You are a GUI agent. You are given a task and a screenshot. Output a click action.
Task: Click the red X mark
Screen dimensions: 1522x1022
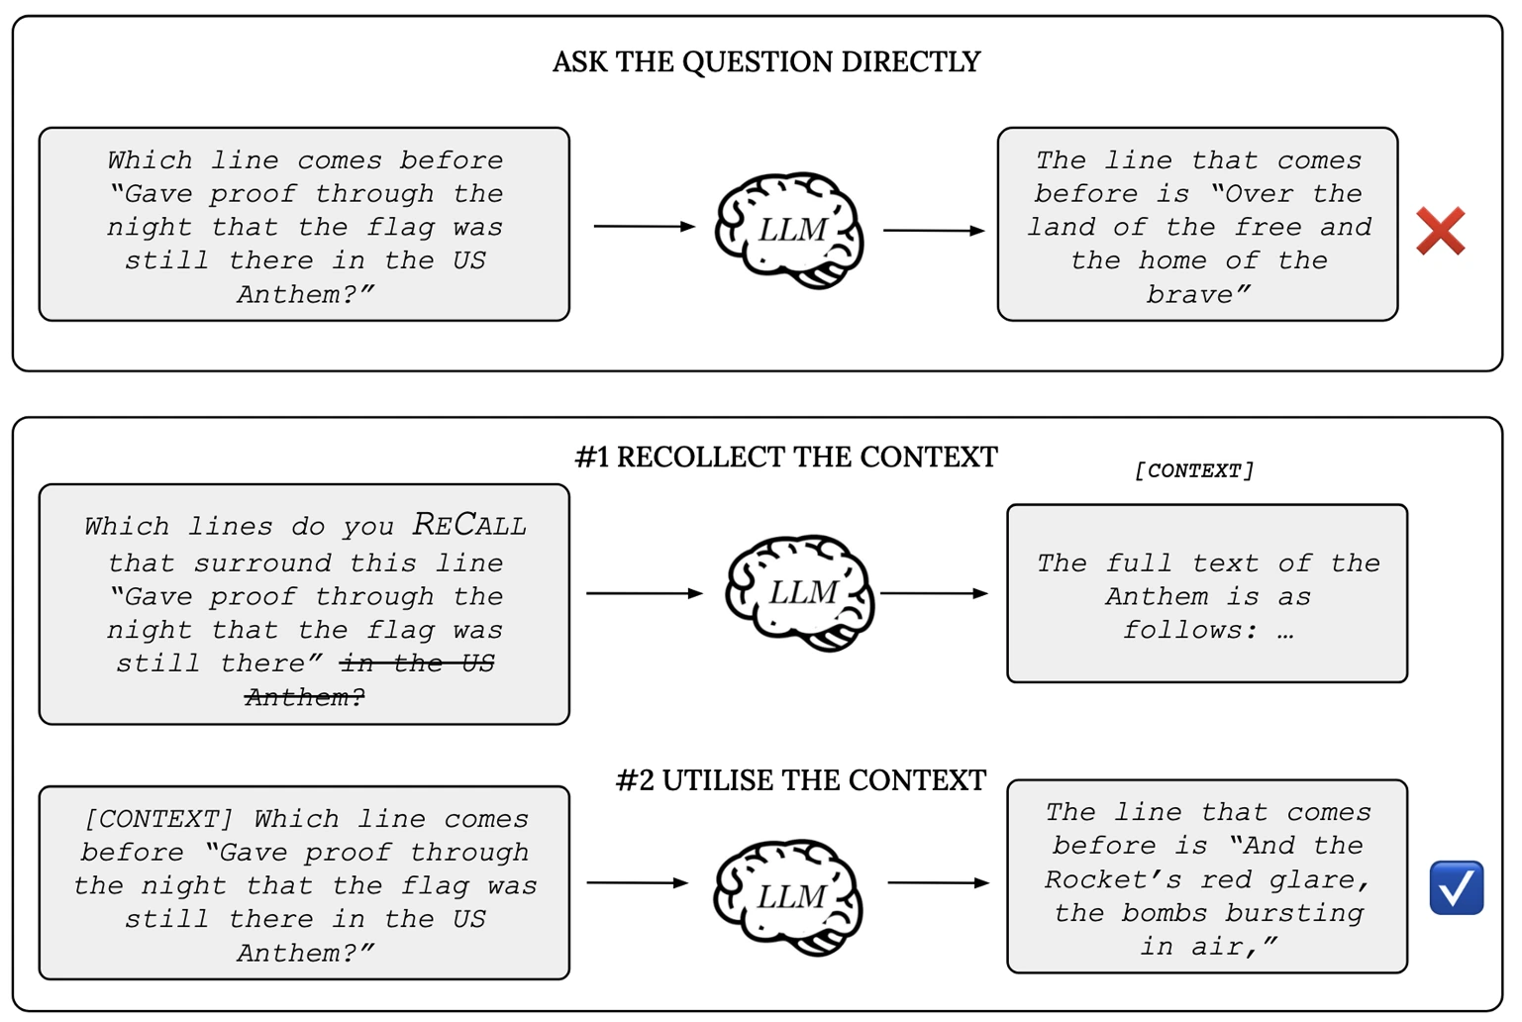tap(1441, 231)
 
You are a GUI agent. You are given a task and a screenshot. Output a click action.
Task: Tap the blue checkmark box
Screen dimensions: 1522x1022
tap(1456, 887)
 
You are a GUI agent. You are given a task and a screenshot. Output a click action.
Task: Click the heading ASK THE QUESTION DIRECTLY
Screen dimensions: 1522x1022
tap(766, 61)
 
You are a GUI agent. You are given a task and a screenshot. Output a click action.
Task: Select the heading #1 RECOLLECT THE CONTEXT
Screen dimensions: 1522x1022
tap(786, 457)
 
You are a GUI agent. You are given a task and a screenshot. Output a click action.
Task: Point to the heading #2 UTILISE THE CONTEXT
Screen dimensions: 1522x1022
tap(800, 780)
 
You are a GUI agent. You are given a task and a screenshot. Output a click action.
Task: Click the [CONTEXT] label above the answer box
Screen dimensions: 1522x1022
tap(1194, 470)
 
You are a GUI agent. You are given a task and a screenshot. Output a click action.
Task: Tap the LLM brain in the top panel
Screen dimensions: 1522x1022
tap(789, 231)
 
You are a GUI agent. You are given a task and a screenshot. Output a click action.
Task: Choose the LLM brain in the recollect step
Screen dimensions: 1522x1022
tap(800, 593)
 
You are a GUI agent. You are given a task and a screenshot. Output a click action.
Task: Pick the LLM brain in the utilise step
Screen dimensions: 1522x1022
tap(788, 897)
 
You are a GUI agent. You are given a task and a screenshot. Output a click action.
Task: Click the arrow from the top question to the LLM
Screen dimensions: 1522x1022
tap(645, 226)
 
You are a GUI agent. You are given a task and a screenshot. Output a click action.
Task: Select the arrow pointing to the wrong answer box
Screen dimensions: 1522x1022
tap(934, 231)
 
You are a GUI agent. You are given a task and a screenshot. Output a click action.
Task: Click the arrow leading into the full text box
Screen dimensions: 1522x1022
tap(934, 593)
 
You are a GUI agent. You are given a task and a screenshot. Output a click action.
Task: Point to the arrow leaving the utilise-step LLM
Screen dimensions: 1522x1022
tap(939, 882)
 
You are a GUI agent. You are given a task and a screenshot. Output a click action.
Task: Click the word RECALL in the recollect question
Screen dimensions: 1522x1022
tap(468, 525)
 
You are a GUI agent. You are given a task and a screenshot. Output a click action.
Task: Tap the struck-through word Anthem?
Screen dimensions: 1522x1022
tap(305, 696)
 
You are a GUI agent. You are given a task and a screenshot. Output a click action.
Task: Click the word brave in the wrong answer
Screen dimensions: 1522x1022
tap(1198, 294)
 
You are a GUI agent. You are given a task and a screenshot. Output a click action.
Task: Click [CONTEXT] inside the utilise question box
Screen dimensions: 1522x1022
tap(158, 819)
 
